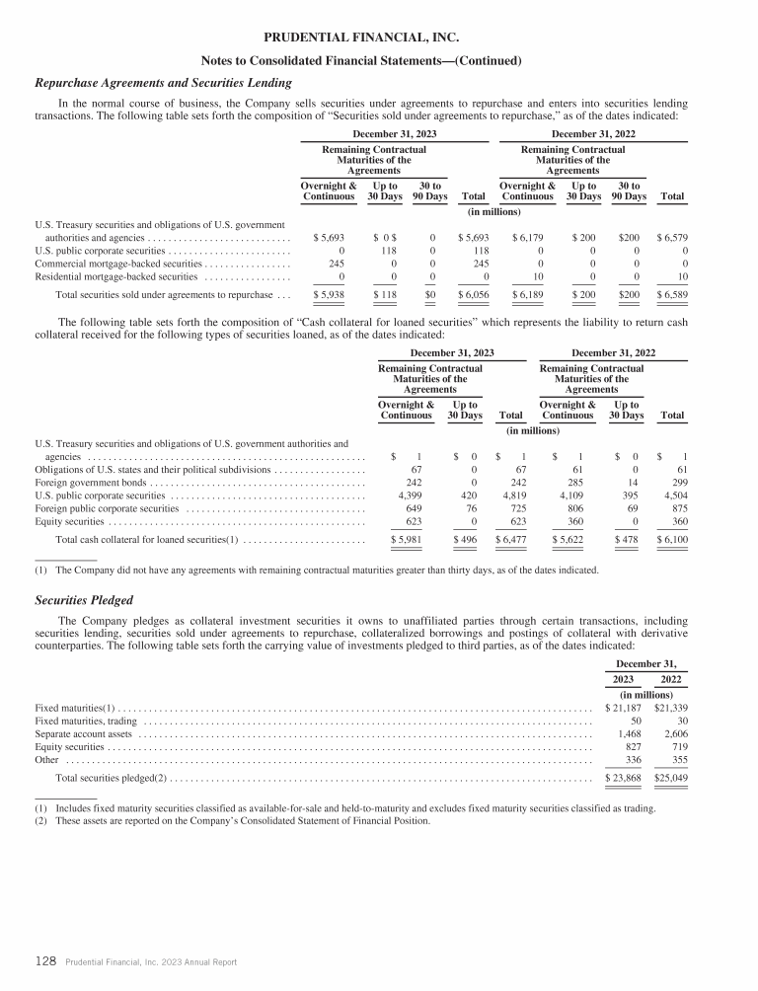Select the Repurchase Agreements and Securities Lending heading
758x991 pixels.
(163, 83)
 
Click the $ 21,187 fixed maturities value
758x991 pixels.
(622, 708)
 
